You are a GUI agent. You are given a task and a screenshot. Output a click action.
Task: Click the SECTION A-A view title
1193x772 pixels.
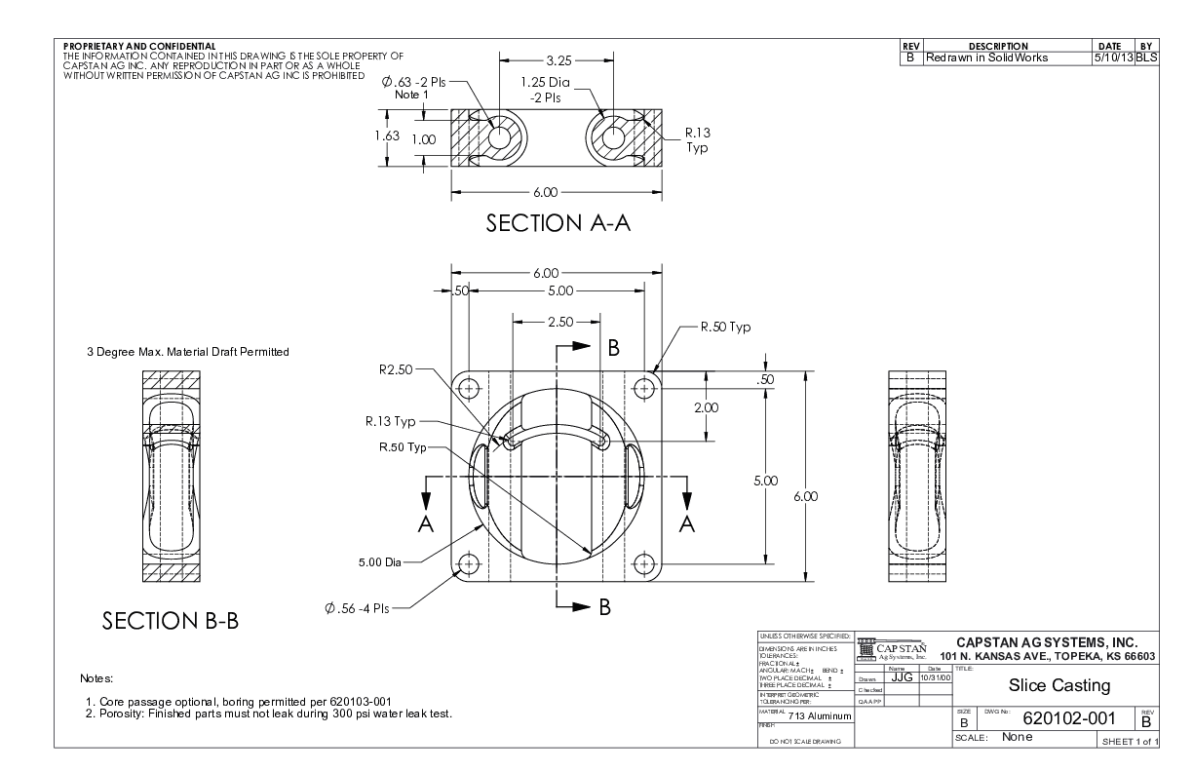point(559,224)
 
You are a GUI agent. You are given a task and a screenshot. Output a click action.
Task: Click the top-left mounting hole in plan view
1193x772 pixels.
point(471,388)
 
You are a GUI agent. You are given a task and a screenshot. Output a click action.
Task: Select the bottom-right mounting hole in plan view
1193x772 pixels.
point(641,563)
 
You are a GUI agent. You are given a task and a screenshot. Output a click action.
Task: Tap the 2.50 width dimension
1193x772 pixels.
point(558,320)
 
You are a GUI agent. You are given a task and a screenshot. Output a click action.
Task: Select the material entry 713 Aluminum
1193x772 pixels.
point(819,717)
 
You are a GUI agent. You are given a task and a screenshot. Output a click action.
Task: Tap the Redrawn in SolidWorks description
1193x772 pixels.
point(984,58)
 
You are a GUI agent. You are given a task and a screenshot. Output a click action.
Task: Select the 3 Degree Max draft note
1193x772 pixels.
point(187,352)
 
